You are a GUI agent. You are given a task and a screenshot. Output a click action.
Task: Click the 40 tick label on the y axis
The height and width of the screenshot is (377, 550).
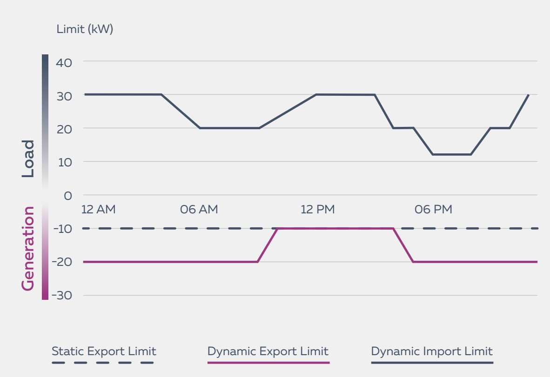point(64,63)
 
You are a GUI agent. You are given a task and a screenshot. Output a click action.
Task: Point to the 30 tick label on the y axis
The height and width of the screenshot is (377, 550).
point(64,96)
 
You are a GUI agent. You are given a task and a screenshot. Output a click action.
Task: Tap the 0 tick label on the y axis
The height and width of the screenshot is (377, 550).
point(68,196)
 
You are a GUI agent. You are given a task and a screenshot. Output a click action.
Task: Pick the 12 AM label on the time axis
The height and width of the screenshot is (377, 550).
point(98,210)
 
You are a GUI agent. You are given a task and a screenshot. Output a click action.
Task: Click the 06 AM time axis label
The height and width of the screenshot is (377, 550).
point(199,210)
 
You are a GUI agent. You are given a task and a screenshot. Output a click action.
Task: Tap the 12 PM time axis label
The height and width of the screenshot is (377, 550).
point(317,210)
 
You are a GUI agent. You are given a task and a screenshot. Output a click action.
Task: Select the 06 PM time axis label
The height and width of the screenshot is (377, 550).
point(433,210)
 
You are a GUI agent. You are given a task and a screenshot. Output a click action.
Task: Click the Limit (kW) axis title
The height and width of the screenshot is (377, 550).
point(85,29)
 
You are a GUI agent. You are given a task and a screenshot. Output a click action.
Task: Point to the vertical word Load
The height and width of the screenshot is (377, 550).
point(28,159)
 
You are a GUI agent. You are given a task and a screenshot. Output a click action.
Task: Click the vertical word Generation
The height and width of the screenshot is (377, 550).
point(28,249)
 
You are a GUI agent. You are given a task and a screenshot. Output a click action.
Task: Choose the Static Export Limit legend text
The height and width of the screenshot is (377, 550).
point(104,351)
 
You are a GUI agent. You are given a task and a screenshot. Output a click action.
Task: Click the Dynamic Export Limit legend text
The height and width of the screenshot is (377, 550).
point(268,351)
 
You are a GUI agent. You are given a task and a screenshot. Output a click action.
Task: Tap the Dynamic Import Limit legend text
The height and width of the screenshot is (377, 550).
point(432,351)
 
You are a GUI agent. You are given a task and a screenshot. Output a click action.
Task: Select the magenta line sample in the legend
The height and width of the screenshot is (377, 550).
point(268,363)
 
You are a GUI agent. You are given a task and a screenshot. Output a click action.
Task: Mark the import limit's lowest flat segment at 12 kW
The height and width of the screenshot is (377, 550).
point(451,154)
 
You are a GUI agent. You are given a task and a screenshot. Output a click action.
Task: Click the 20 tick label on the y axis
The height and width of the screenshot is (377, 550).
point(64,130)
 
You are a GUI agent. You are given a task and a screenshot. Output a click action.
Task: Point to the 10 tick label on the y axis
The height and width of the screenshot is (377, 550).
point(64,163)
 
